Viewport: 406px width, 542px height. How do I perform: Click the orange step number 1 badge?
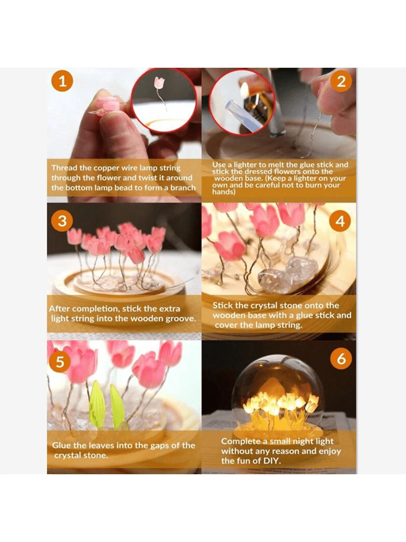pyautogui.click(x=62, y=81)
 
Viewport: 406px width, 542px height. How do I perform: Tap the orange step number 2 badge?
pyautogui.click(x=341, y=81)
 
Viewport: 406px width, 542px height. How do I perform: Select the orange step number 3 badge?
pyautogui.click(x=62, y=221)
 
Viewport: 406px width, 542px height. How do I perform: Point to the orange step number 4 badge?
pyautogui.click(x=340, y=221)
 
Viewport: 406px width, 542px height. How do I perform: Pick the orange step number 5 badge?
pyautogui.click(x=60, y=362)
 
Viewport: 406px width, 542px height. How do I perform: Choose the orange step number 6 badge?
pyautogui.click(x=341, y=359)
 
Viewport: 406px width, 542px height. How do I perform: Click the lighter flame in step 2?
pyautogui.click(x=245, y=90)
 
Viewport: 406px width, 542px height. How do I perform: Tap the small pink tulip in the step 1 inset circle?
pyautogui.click(x=159, y=83)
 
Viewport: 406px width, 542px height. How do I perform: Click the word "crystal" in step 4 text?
pyautogui.click(x=262, y=306)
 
